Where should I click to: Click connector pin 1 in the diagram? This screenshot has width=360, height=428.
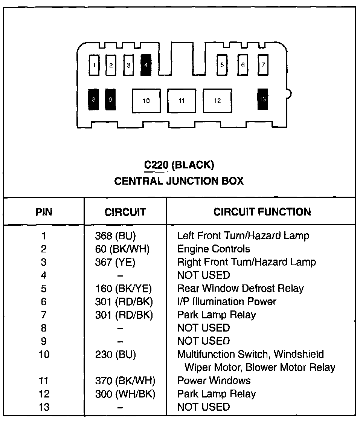[94, 65]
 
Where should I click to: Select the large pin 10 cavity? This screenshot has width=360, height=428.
[146, 101]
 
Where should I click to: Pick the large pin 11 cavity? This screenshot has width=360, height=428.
[182, 101]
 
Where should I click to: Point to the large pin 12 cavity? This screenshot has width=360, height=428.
[217, 101]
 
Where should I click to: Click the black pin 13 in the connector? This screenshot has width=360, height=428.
[263, 99]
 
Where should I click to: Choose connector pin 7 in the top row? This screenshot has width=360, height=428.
[263, 65]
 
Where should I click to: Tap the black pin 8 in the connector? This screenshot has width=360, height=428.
[93, 100]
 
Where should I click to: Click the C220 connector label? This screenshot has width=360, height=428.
[156, 165]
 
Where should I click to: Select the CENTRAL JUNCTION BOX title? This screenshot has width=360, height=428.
[179, 181]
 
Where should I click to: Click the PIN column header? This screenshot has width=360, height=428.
[44, 212]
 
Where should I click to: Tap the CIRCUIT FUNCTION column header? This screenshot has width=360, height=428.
[262, 212]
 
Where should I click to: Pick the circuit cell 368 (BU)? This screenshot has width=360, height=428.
[115, 236]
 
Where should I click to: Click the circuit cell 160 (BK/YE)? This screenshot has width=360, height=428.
[123, 289]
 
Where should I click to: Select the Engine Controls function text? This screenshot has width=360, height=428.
[214, 249]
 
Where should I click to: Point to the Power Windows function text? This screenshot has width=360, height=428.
[214, 381]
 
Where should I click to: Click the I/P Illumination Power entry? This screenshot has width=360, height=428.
[227, 301]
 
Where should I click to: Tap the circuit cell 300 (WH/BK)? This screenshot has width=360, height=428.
[125, 394]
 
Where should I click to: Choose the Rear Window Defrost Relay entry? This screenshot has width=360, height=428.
[240, 289]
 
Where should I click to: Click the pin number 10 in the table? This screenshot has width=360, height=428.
[44, 354]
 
